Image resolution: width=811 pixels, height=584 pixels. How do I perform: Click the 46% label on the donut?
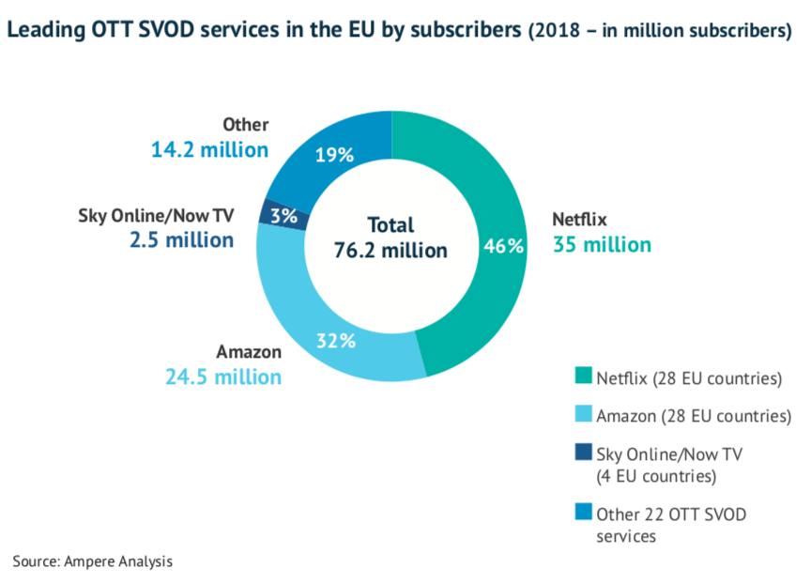[x=502, y=246]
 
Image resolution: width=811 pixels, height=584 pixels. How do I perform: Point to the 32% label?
[x=335, y=341]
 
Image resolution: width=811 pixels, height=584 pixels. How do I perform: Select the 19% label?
[x=333, y=155]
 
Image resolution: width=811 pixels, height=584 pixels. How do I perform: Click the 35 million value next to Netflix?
[x=601, y=245]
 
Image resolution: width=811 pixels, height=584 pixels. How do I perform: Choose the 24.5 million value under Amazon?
[x=222, y=377]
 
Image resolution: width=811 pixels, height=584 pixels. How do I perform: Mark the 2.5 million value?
[x=181, y=239]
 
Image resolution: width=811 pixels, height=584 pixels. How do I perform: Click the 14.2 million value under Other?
[x=209, y=149]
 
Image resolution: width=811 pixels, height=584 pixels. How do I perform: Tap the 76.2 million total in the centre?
[x=390, y=251]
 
